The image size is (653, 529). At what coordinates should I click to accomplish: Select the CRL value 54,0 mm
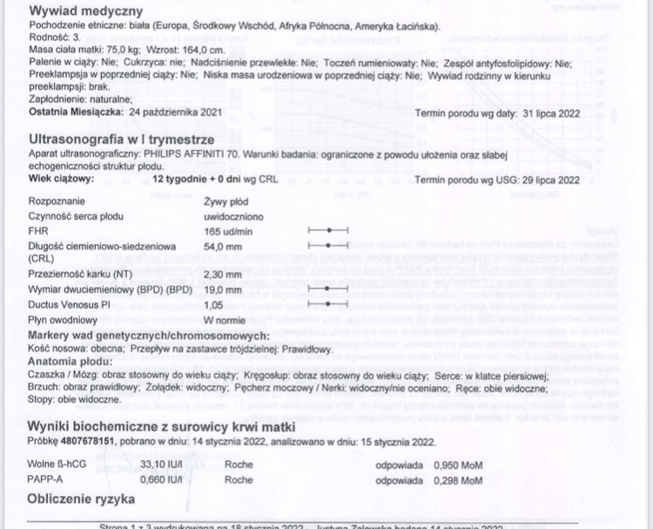point(198,247)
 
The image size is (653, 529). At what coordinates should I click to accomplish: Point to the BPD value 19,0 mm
point(198,288)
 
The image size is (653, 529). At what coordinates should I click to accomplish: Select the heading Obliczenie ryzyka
point(82,499)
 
